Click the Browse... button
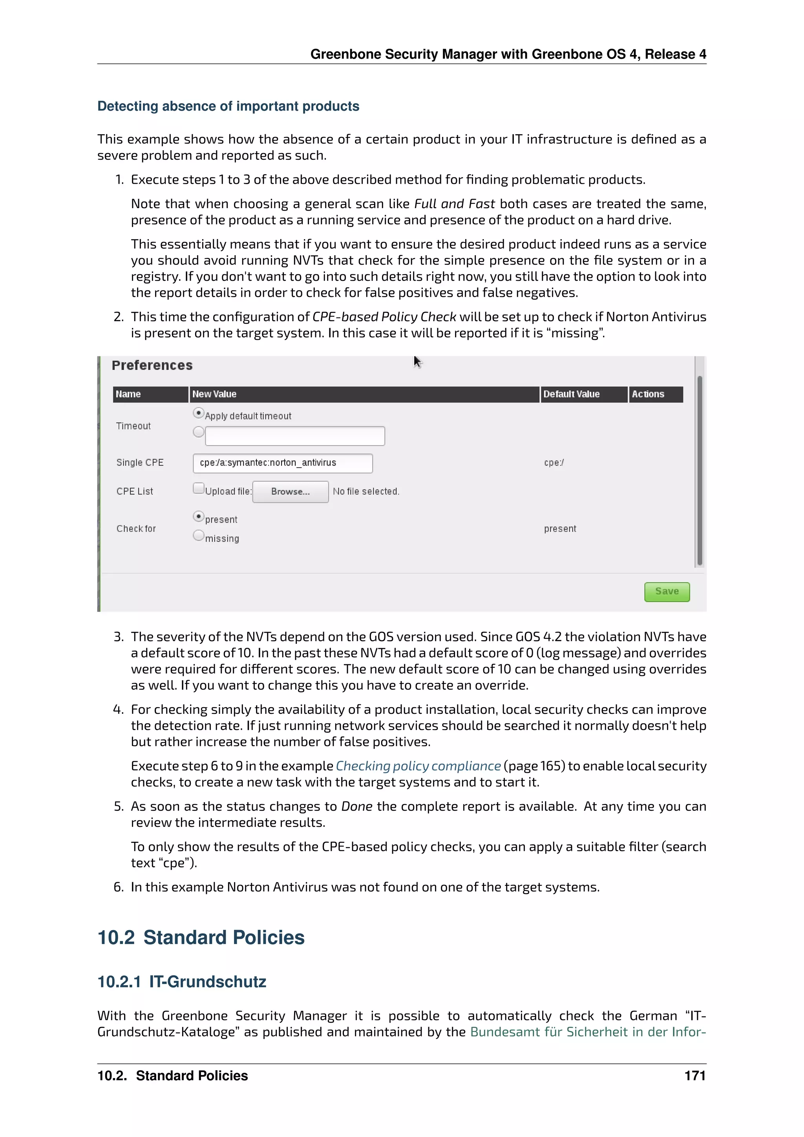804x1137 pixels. coord(290,492)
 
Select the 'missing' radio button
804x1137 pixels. coord(199,535)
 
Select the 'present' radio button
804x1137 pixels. coord(199,517)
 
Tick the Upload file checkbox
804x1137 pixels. coord(199,489)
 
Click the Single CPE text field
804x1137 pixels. coord(282,463)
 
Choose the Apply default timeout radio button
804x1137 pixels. coord(199,413)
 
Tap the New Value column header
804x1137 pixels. coord(214,394)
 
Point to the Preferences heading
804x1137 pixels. coord(152,366)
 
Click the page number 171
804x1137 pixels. coord(694,1076)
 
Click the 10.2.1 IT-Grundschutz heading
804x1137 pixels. coord(182,982)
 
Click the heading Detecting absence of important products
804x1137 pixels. coord(228,106)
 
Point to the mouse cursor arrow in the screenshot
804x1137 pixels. coord(417,362)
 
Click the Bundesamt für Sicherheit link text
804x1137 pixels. coord(587,1032)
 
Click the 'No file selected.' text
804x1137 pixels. coord(366,492)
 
